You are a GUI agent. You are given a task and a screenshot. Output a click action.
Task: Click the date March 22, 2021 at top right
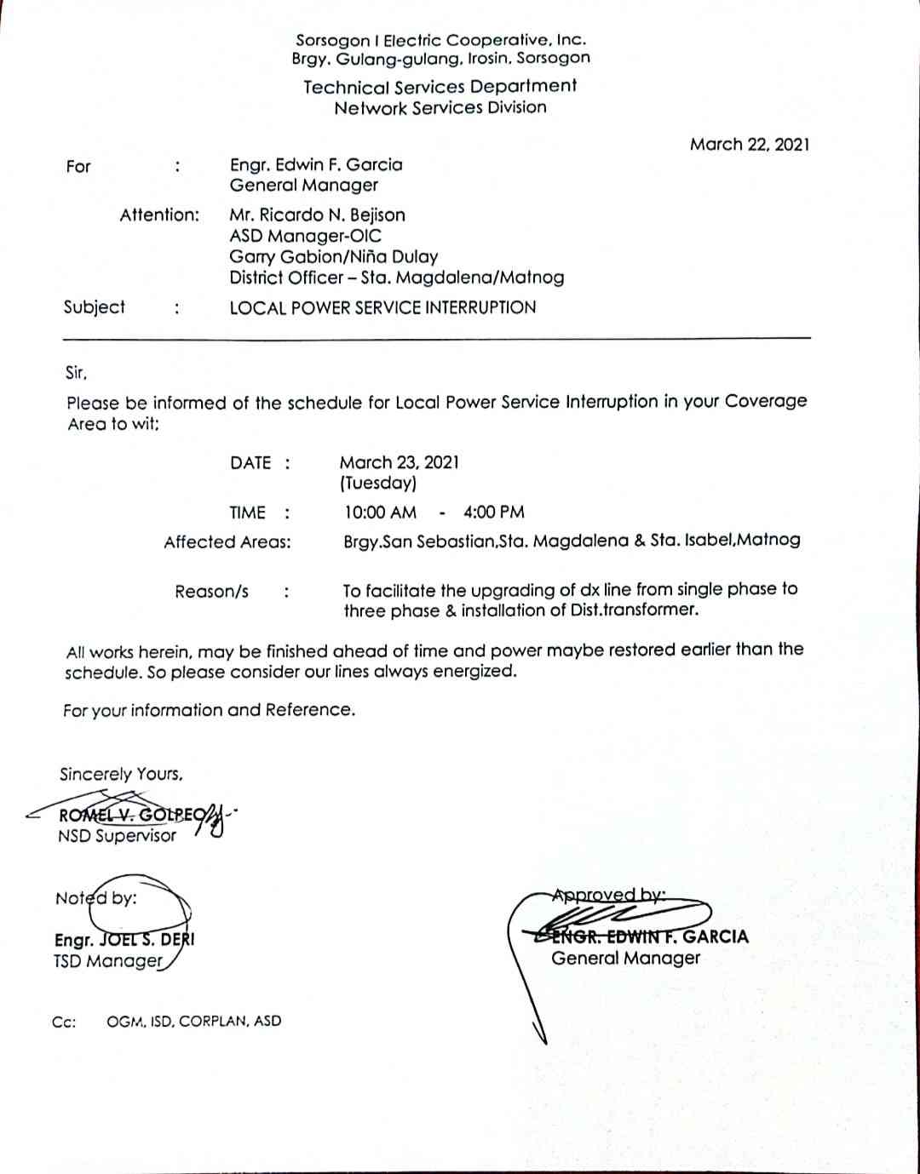click(750, 144)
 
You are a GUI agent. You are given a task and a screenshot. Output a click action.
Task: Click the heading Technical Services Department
click(440, 86)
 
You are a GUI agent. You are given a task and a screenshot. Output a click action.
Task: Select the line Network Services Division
click(440, 107)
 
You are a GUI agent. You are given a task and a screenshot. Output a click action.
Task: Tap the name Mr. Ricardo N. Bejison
click(317, 215)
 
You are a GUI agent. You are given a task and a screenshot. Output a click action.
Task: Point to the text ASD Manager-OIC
click(305, 236)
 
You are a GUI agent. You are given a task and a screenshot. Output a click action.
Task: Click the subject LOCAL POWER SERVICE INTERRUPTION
click(382, 307)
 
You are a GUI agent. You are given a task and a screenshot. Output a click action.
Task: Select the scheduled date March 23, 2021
click(399, 462)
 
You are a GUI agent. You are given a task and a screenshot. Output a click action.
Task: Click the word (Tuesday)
click(377, 483)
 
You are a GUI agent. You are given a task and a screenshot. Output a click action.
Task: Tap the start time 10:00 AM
click(380, 512)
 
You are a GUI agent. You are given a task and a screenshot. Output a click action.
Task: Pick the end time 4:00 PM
click(494, 512)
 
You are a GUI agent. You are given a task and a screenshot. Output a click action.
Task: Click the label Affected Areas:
click(227, 541)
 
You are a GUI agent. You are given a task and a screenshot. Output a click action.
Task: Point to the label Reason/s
click(212, 591)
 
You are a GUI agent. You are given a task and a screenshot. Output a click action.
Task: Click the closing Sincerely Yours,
click(121, 774)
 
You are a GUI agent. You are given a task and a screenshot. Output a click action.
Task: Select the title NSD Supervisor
click(117, 835)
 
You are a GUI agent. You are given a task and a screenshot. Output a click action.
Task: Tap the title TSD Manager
click(107, 961)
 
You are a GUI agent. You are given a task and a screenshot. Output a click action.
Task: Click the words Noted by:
click(95, 898)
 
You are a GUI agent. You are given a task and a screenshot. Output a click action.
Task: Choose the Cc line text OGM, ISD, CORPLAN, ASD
click(193, 1021)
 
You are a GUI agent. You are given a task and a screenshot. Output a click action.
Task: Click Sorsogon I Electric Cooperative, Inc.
click(440, 40)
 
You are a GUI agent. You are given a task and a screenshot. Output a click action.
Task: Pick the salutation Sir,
click(77, 372)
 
